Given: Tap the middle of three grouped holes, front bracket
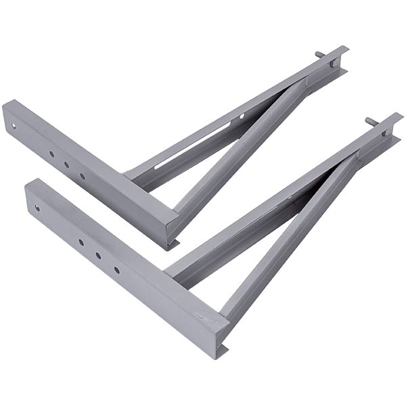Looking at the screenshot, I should click(98, 256).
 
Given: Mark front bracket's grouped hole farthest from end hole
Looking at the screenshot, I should click(116, 269).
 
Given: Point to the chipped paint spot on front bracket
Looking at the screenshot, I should click(200, 315).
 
